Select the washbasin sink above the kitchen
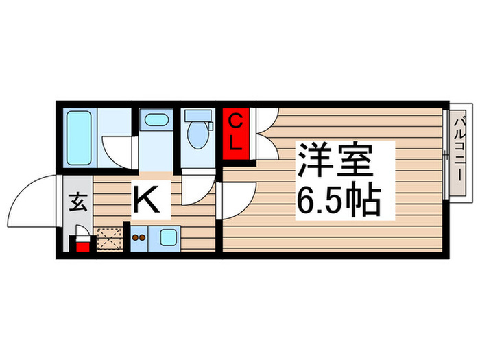(x=157, y=122)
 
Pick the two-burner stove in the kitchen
(x=140, y=238)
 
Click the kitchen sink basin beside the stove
(x=167, y=239)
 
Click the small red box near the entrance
(x=82, y=245)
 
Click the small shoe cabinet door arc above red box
(x=82, y=232)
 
